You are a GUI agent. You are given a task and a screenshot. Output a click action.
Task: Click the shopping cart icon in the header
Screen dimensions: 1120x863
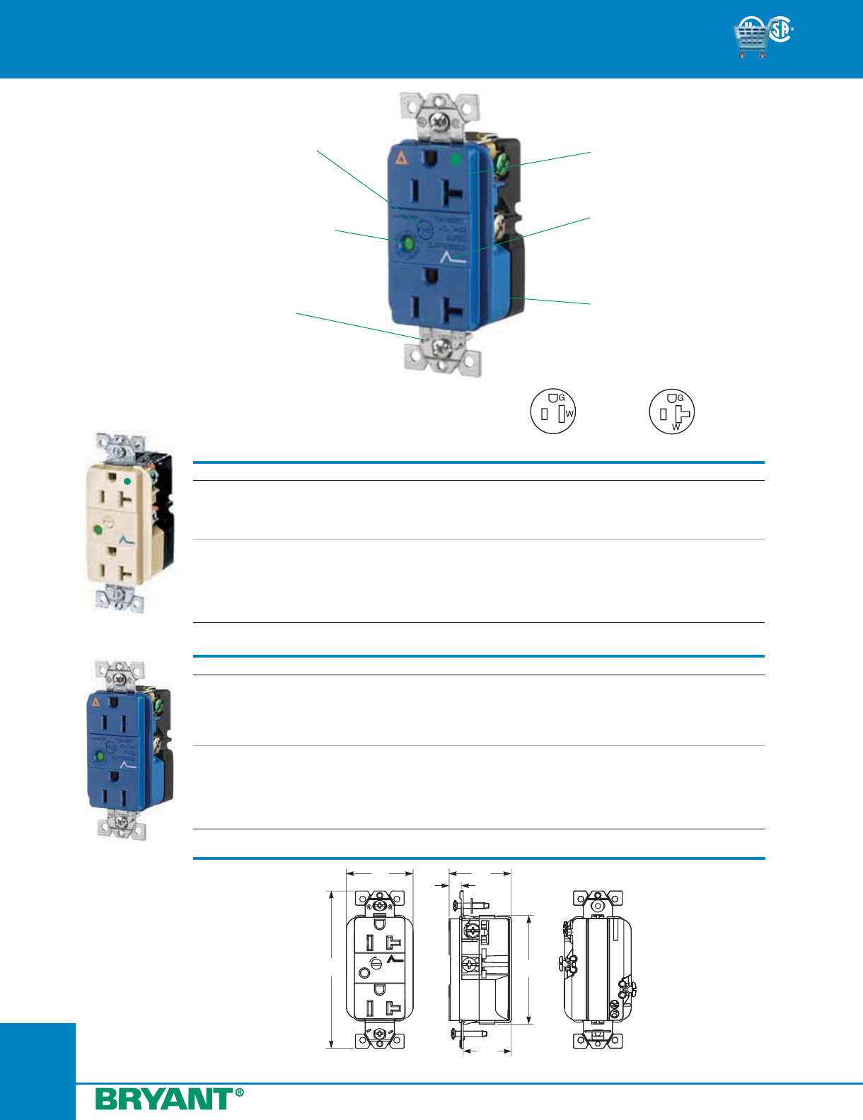pos(751,38)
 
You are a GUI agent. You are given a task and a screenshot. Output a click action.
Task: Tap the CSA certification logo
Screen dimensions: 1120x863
pos(781,30)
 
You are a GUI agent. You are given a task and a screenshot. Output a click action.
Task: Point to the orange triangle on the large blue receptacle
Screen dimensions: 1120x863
pos(401,158)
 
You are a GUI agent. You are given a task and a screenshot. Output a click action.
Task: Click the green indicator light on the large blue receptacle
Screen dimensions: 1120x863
pos(407,245)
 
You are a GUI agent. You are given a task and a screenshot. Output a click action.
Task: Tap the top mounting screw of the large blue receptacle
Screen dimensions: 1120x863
pos(439,122)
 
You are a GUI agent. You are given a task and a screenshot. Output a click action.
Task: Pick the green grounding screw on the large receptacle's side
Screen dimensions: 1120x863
pos(501,167)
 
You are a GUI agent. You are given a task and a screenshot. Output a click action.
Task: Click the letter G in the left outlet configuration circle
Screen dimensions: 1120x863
pos(562,398)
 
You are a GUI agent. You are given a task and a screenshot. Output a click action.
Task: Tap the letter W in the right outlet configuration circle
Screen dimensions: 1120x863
pos(676,427)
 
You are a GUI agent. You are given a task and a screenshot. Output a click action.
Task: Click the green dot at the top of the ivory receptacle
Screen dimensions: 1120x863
pos(127,481)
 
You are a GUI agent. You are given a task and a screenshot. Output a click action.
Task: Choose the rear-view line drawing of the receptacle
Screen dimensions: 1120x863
pos(597,969)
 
